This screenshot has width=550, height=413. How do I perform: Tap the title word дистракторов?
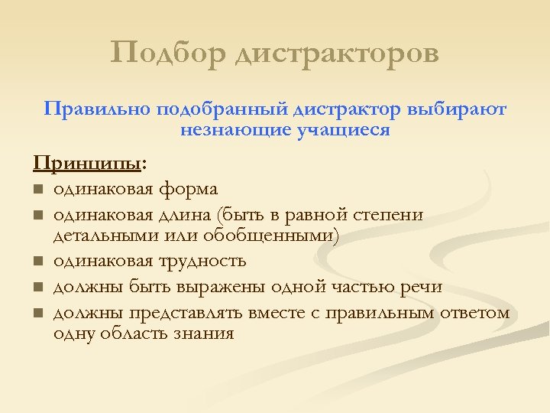click(x=336, y=54)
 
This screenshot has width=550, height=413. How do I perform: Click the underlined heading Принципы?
click(x=88, y=164)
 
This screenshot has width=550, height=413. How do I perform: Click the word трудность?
click(x=202, y=261)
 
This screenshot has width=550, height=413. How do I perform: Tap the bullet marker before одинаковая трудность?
click(x=37, y=262)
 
